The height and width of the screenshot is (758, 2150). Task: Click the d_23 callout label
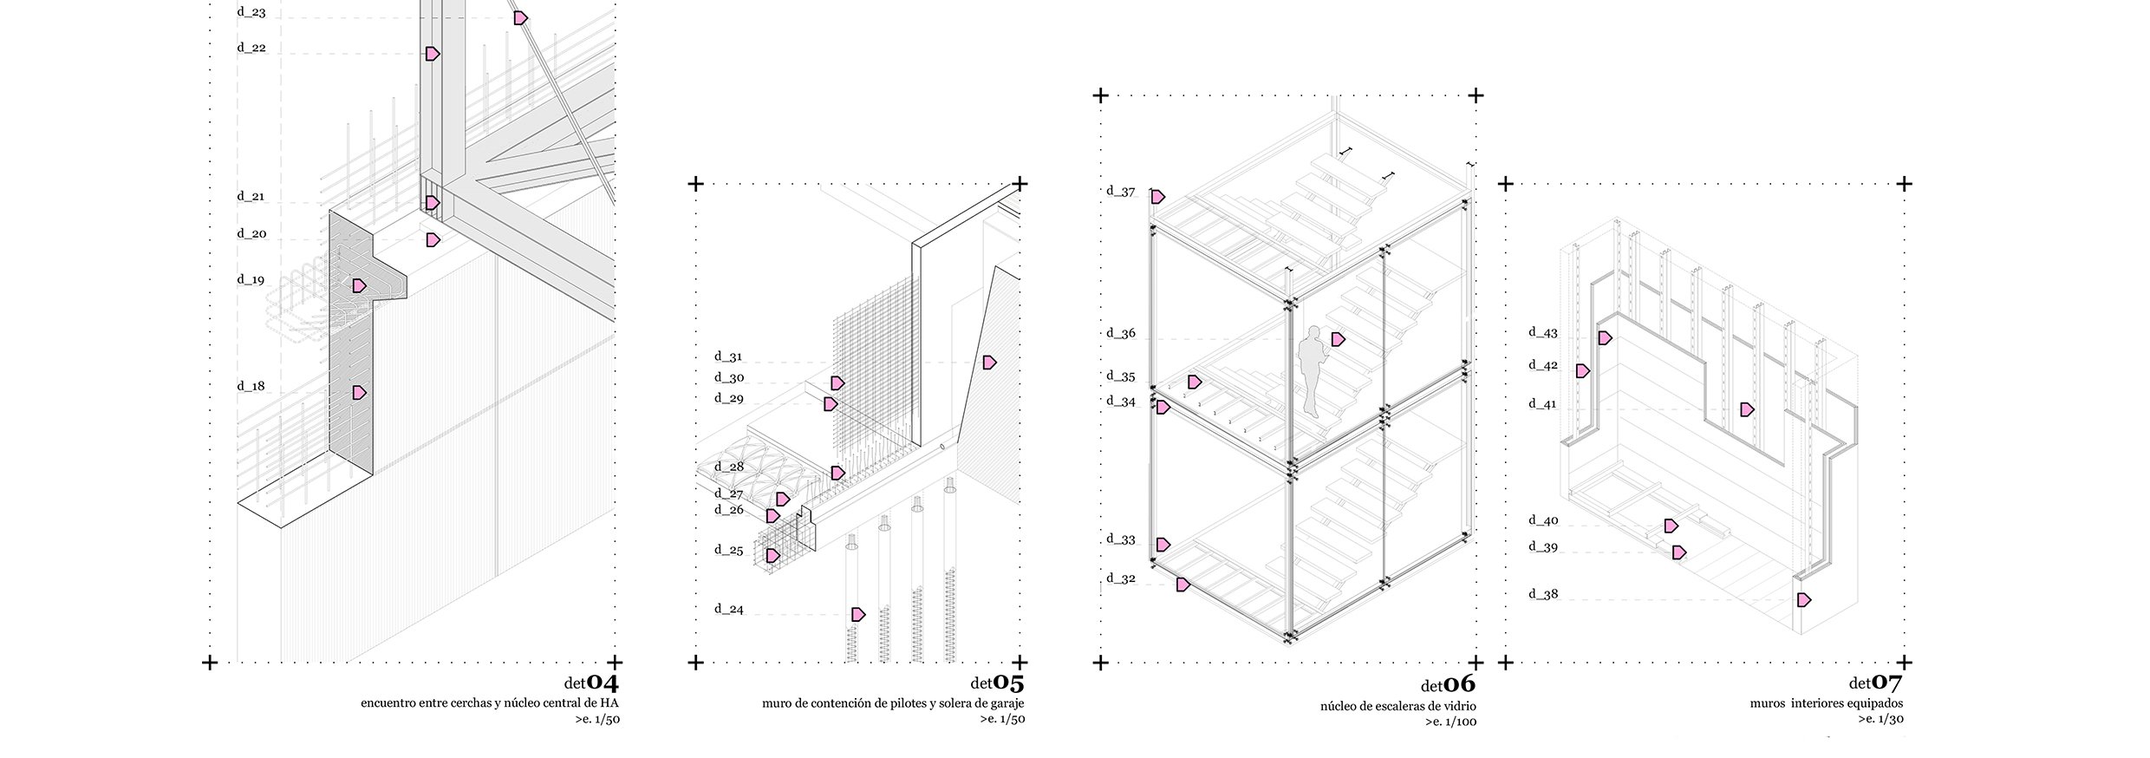tap(251, 13)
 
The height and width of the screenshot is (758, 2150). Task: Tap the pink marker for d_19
tap(359, 285)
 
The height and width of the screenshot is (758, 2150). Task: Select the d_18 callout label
tap(251, 387)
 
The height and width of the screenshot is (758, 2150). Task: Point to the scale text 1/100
tap(1463, 722)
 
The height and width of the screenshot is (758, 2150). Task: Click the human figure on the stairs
tap(1310, 371)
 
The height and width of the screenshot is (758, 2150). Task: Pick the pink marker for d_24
tap(858, 614)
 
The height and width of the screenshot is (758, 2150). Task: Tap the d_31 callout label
tap(728, 356)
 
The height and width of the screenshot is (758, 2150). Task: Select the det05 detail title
tap(997, 682)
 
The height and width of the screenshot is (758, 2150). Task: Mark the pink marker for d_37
tap(1158, 197)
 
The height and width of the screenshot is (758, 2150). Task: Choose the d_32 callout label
tap(1120, 578)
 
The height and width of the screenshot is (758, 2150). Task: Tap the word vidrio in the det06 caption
tap(1461, 707)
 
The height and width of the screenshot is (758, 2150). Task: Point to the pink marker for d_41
tap(1747, 409)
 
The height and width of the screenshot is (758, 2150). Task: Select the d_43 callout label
tap(1543, 332)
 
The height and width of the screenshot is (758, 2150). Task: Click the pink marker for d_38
tap(1804, 599)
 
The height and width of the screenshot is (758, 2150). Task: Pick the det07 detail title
tap(1877, 683)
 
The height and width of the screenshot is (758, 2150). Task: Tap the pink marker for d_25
tap(772, 555)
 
